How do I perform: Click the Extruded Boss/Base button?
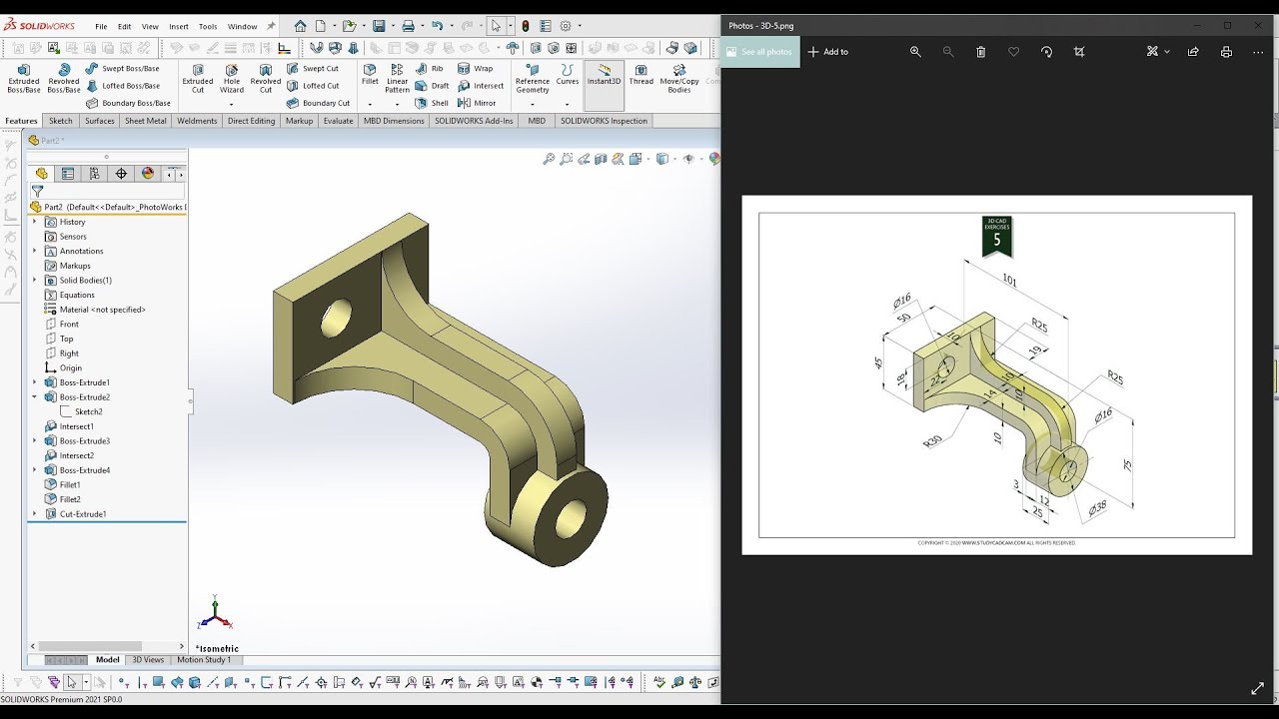tap(23, 77)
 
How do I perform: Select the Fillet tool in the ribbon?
tap(370, 75)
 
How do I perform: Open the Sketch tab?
tap(61, 121)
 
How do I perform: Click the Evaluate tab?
tap(338, 121)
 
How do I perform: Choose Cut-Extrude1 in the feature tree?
tap(82, 514)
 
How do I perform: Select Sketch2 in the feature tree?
tap(88, 411)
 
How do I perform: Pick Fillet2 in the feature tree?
tap(70, 499)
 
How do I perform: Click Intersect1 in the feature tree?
tap(76, 426)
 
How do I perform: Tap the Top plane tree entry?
tap(66, 339)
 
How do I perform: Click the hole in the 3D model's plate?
tap(336, 318)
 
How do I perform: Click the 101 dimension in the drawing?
tap(1009, 281)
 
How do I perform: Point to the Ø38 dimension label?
tap(1097, 508)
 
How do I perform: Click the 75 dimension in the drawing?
tap(1127, 465)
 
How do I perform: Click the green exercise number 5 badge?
tap(996, 237)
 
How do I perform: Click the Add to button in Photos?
tap(828, 52)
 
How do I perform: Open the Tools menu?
tap(208, 27)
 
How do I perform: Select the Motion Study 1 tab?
tap(204, 660)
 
